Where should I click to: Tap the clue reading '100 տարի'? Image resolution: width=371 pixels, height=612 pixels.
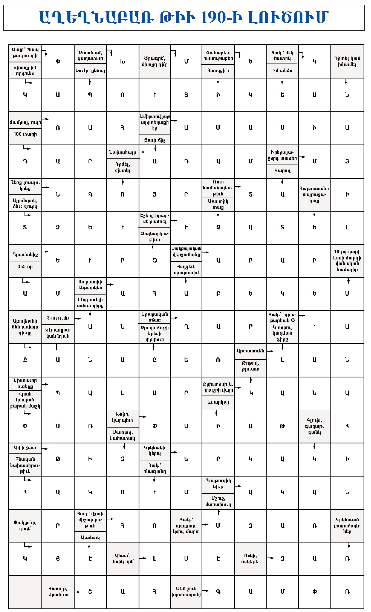[25, 134]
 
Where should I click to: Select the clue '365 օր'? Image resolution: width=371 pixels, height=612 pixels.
[25, 267]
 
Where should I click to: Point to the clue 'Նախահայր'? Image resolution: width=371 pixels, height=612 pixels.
[122, 152]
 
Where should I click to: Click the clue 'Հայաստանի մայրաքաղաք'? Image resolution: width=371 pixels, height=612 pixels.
[314, 195]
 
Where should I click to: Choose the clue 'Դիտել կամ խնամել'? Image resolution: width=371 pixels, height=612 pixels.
[347, 61]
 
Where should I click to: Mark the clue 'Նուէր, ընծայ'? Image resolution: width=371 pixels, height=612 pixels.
[90, 71]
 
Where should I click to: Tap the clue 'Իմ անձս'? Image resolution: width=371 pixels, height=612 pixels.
[282, 70]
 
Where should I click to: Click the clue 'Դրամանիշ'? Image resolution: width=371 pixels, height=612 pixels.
[25, 255]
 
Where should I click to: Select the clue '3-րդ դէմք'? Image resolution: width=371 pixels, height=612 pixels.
[58, 318]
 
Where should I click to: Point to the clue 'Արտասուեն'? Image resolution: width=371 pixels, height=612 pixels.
[250, 351]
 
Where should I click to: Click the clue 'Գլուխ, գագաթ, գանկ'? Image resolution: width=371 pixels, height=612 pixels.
[314, 426]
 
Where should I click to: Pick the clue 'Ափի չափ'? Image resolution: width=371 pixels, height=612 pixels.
[25, 448]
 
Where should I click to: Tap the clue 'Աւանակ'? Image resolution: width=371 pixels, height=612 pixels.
[90, 537]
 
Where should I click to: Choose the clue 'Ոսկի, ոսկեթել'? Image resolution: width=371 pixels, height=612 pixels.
[250, 559]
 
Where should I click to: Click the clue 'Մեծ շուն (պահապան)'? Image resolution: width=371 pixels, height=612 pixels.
[186, 592]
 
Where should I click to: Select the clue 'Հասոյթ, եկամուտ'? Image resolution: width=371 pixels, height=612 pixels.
[58, 592]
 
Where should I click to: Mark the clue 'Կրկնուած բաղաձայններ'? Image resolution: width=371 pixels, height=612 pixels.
[347, 525]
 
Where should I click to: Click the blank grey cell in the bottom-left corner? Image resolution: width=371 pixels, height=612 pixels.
[25, 592]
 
